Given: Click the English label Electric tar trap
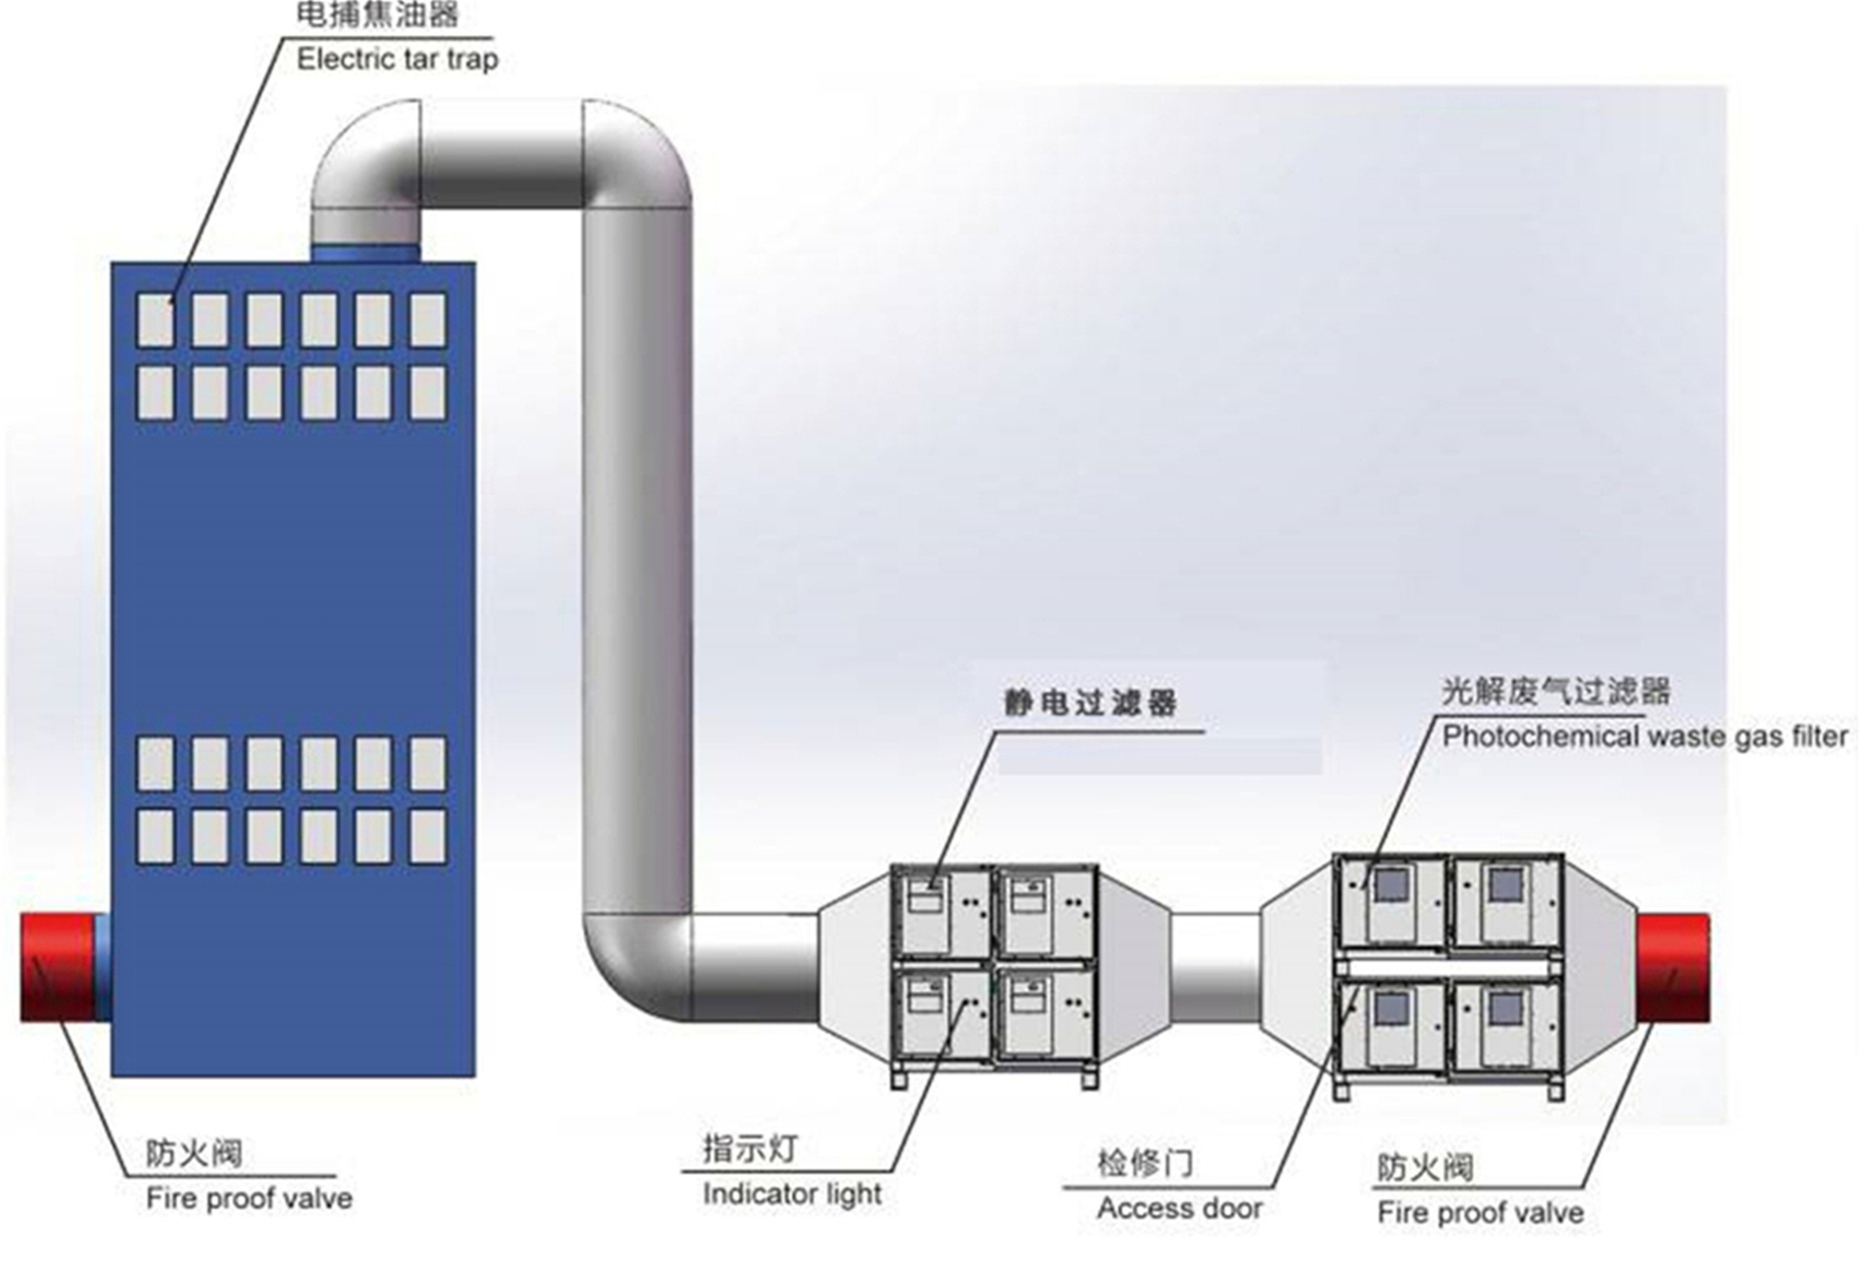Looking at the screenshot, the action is tap(398, 60).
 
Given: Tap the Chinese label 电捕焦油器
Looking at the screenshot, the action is tap(378, 14).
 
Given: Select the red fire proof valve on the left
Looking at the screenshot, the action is tap(58, 968).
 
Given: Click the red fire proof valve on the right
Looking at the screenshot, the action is tap(1673, 969).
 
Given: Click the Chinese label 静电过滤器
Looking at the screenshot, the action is tap(1091, 703).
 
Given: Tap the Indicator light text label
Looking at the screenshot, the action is tap(792, 1194).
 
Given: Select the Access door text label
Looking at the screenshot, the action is tap(1180, 1208).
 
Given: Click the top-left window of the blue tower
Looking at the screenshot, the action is tap(156, 320).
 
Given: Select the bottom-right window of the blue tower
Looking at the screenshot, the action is tap(428, 836).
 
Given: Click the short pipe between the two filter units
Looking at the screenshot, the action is tap(1215, 967).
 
